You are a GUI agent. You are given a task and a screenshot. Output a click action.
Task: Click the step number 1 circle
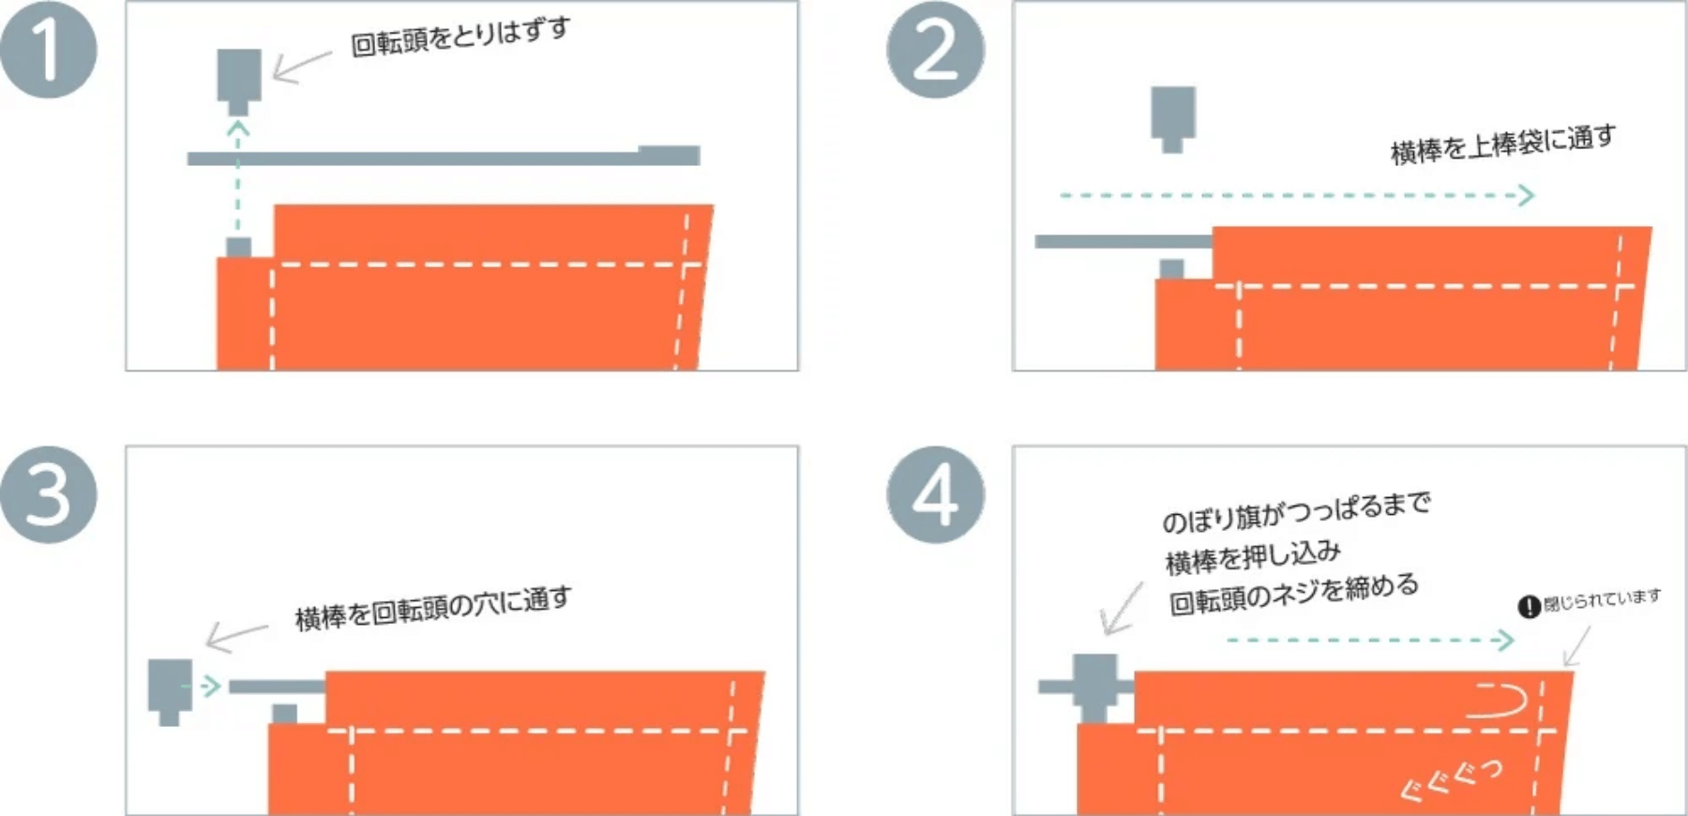48,50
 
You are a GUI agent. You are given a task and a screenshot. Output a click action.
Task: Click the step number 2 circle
935,50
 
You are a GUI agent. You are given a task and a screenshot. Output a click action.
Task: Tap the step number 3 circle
48,494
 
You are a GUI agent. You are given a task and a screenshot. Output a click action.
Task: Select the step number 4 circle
935,494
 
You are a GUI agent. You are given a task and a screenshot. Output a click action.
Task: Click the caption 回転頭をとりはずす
460,37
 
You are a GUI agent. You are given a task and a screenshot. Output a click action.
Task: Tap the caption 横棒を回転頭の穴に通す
432,608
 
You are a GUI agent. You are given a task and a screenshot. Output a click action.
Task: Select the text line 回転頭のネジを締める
1293,594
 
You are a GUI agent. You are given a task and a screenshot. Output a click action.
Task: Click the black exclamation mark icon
1529,607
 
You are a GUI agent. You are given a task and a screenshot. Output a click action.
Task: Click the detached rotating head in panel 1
239,79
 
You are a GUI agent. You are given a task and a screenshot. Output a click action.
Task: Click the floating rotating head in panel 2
1172,116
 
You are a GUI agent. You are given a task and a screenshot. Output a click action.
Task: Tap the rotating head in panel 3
170,689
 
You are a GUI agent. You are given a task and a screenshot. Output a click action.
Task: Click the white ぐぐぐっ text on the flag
1452,779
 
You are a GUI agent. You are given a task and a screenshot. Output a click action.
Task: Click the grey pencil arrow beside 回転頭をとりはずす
300,67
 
